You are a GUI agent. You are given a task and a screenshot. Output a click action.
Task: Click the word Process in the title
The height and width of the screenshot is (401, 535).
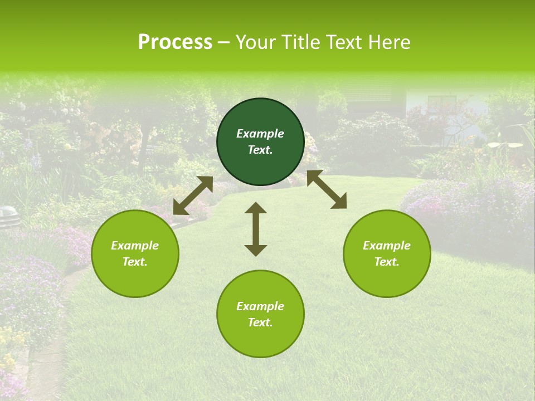click(x=175, y=42)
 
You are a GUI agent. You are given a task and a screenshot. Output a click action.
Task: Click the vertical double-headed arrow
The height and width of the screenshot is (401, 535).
click(x=256, y=229)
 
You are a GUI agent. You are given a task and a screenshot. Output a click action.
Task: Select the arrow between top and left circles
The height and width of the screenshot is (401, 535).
click(x=193, y=195)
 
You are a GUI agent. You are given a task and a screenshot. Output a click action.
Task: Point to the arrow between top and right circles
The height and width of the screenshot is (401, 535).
click(x=327, y=189)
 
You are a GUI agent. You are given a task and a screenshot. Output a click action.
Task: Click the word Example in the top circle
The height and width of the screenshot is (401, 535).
click(x=260, y=134)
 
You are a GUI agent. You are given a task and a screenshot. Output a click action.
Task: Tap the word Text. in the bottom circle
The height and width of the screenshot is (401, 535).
click(x=260, y=322)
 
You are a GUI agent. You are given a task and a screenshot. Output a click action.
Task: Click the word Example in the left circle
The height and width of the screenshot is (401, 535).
click(x=135, y=246)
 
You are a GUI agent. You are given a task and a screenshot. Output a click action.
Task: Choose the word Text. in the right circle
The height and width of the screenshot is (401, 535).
click(x=387, y=262)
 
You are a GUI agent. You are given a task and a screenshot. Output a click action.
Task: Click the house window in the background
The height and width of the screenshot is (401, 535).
click(x=441, y=104)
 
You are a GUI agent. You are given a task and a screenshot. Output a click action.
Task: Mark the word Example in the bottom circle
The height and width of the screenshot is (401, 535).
click(x=260, y=306)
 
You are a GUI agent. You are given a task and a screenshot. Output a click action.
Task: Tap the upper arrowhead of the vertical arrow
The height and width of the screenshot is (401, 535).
click(x=256, y=208)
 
